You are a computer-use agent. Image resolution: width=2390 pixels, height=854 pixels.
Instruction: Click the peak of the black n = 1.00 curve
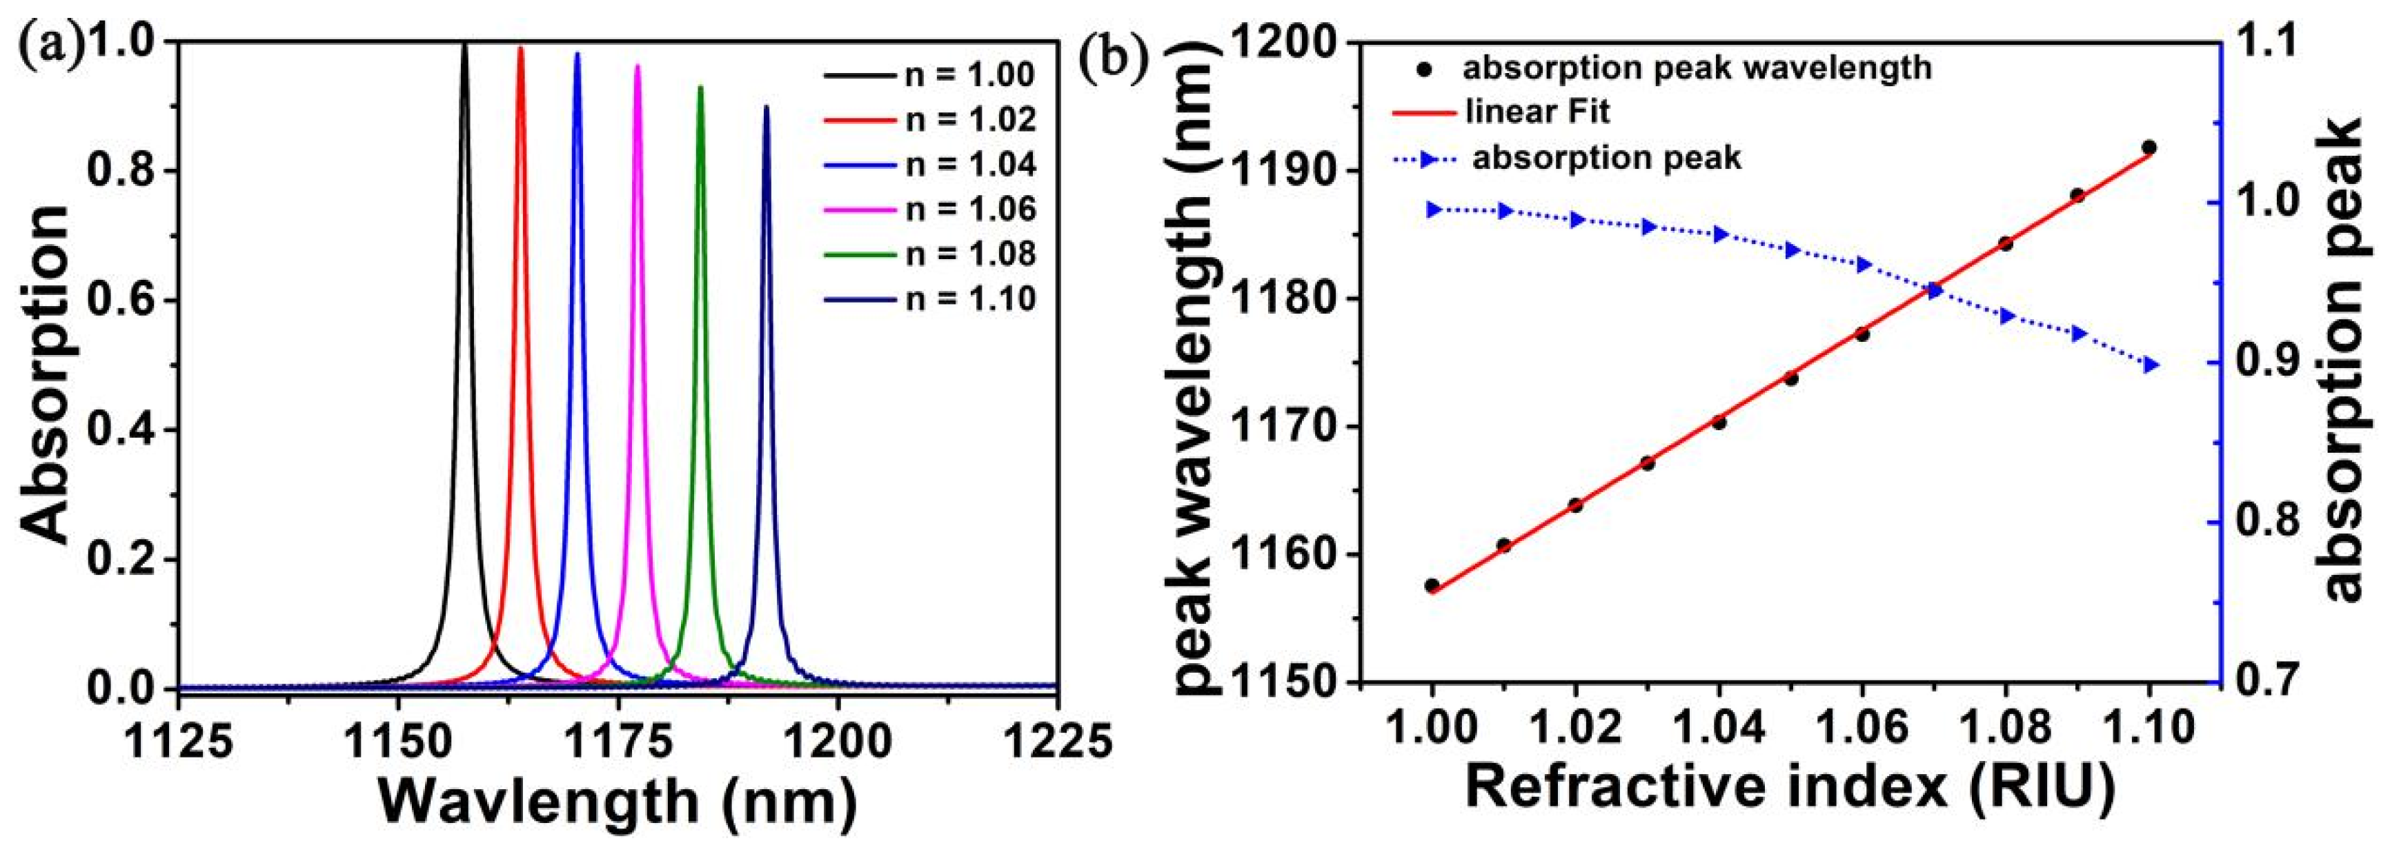coord(465,45)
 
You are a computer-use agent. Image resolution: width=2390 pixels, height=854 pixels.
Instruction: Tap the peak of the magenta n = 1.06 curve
coord(636,67)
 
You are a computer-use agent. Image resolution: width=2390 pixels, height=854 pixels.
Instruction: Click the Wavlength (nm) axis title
coord(617,801)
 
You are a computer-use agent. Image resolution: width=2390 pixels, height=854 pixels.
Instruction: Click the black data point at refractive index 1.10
coord(2149,148)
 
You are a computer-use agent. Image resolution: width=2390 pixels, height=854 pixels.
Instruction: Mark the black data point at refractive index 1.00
coord(1432,585)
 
